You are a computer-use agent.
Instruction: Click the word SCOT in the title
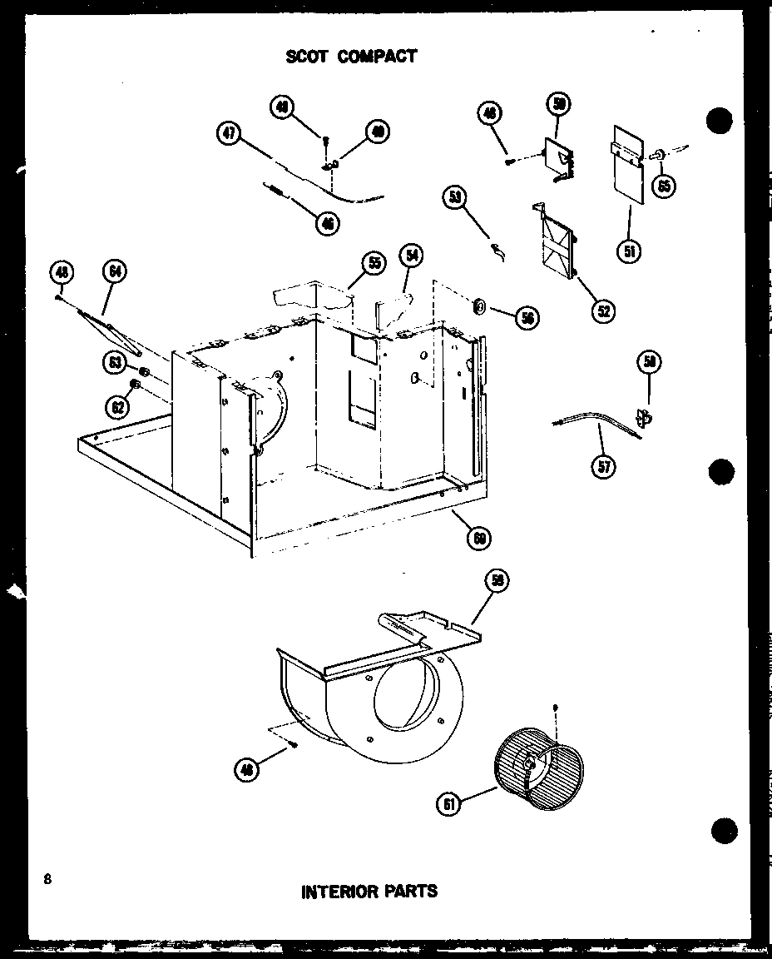pos(309,57)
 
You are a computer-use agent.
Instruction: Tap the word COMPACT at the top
pos(377,57)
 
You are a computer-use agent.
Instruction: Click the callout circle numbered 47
pos(227,134)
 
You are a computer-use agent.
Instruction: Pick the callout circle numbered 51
pos(630,251)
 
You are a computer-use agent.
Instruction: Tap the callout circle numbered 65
pos(663,184)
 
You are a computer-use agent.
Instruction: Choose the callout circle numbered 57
pos(604,465)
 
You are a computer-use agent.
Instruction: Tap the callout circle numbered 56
pos(526,316)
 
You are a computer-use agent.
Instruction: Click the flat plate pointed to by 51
pos(627,166)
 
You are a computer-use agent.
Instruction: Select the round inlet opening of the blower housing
pos(407,687)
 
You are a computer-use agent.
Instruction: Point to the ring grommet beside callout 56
pos(480,307)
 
